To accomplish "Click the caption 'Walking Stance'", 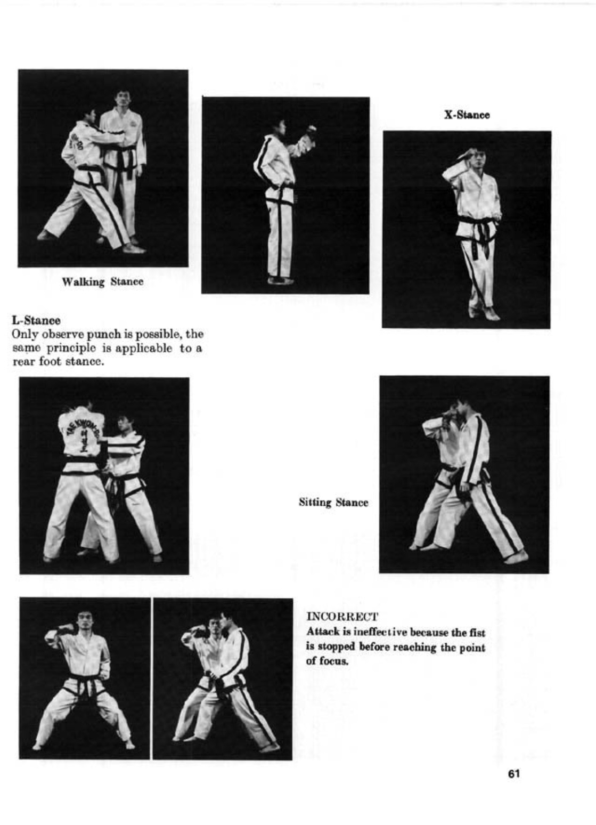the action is click(x=103, y=282).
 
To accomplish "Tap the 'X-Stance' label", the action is click(x=467, y=115).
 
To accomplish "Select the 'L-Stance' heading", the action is click(x=36, y=320).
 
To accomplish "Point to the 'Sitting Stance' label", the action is click(x=333, y=503).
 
